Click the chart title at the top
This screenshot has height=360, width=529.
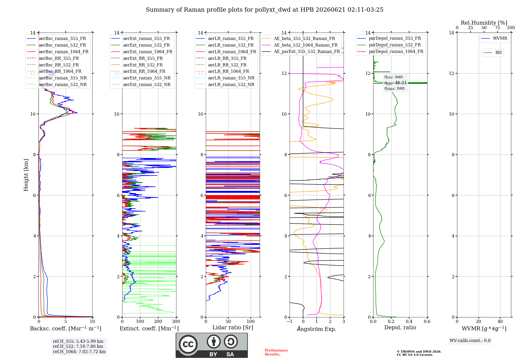pyautogui.click(x=264, y=10)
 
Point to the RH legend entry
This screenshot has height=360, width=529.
pyautogui.click(x=493, y=53)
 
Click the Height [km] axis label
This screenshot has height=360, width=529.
pyautogui.click(x=26, y=175)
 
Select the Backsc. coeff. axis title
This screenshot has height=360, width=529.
pyautogui.click(x=66, y=328)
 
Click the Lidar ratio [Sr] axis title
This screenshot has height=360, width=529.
pyautogui.click(x=233, y=328)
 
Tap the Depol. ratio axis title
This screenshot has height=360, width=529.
pyautogui.click(x=400, y=328)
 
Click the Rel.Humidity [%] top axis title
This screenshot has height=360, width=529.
pyautogui.click(x=484, y=23)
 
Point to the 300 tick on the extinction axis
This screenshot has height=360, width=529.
pyautogui.click(x=176, y=322)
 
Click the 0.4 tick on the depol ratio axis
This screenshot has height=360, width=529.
pyautogui.click(x=409, y=322)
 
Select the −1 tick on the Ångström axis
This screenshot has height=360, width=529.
pyautogui.click(x=290, y=322)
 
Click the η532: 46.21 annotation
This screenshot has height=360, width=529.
pyautogui.click(x=395, y=83)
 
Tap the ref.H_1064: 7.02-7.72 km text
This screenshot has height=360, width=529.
pyautogui.click(x=79, y=352)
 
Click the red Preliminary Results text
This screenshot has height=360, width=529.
pyautogui.click(x=276, y=352)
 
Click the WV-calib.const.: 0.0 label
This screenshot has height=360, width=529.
pyautogui.click(x=470, y=341)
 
